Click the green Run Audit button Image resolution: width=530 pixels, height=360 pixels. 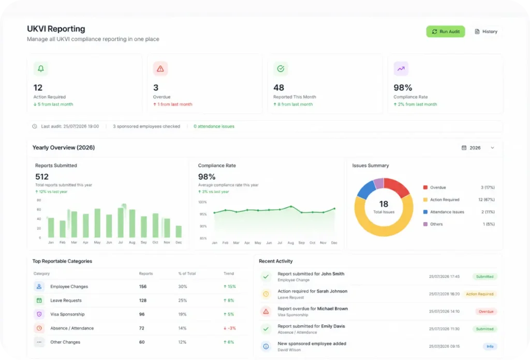point(445,32)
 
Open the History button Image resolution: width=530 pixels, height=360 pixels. point(486,32)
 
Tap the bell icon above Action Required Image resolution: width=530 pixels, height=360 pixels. point(40,69)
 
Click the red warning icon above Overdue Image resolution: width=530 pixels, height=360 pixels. point(160,69)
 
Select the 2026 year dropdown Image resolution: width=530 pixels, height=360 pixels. point(478,148)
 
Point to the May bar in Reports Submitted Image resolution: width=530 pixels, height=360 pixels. point(97,223)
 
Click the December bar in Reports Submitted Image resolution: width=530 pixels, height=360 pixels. point(179,232)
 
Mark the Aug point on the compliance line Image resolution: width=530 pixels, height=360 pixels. point(291,206)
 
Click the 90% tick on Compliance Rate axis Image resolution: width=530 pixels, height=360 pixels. point(203,226)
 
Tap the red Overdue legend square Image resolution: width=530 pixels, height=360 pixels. point(425,188)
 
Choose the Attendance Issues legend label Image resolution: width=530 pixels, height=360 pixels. point(447,212)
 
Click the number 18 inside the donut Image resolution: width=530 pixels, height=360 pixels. point(384,204)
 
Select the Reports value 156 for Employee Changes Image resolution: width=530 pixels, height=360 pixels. point(143,286)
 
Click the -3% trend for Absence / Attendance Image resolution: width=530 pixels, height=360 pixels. point(230,328)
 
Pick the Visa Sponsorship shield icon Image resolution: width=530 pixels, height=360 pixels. point(39,314)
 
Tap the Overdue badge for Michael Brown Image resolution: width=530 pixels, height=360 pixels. point(485,312)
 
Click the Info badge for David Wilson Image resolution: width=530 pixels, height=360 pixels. point(490,347)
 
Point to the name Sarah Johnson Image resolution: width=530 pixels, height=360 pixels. point(332,291)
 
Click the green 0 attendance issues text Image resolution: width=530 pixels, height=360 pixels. point(214,126)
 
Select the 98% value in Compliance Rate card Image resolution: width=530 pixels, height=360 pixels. point(403,88)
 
